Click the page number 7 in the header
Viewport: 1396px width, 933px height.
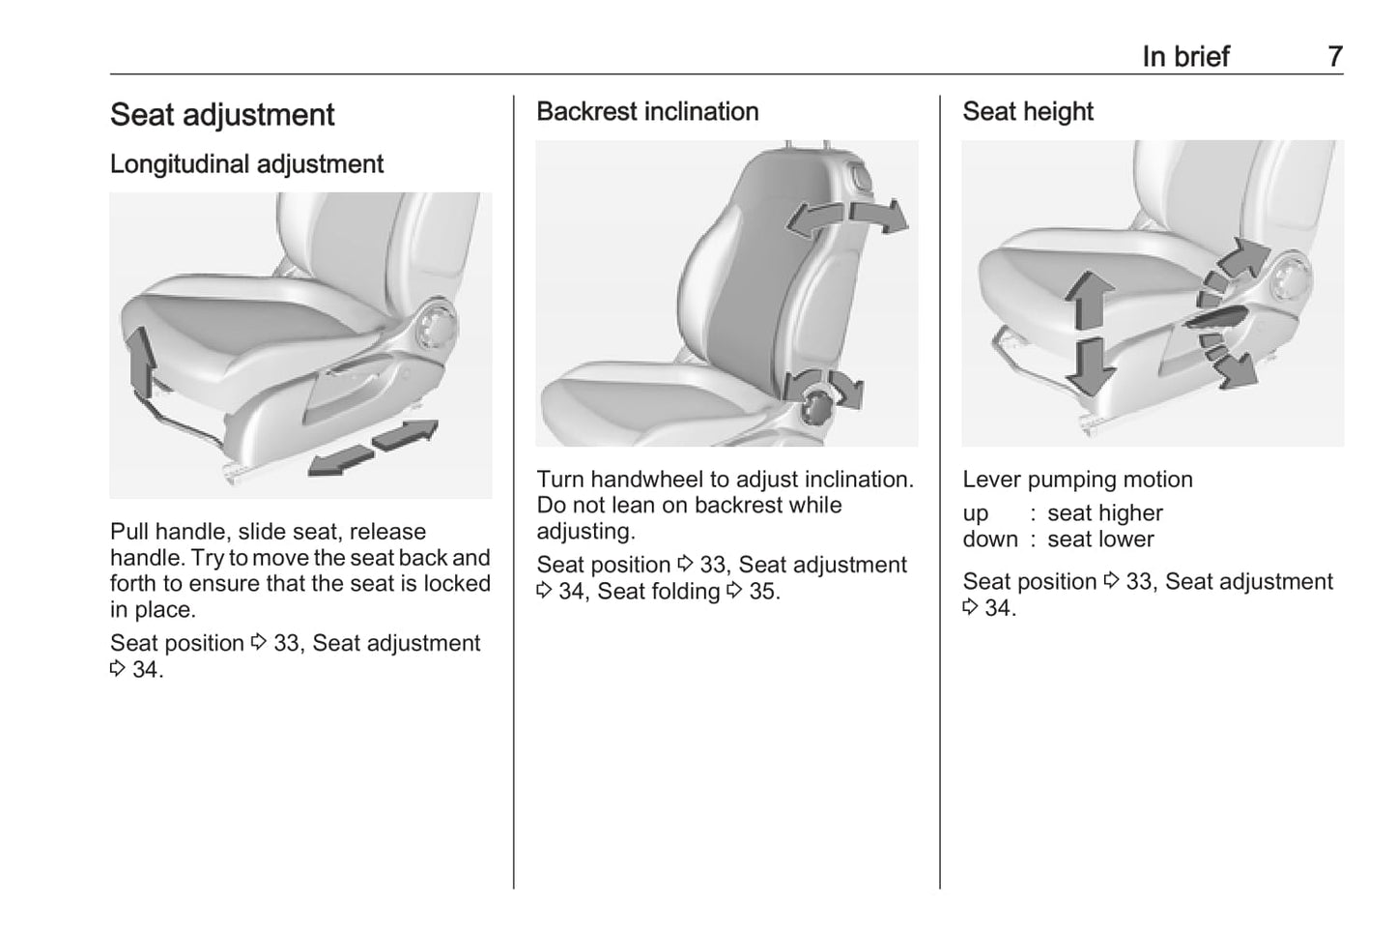click(x=1334, y=57)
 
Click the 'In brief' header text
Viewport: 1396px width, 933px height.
click(x=1185, y=57)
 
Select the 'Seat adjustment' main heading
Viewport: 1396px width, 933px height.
click(x=222, y=115)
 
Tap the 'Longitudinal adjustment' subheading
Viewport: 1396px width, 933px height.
click(x=246, y=164)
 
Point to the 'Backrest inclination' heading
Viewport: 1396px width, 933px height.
click(x=647, y=112)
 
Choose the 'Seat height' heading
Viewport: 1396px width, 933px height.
click(x=1027, y=112)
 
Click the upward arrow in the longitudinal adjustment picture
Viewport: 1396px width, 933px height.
click(x=142, y=361)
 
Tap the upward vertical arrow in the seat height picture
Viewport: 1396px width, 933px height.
click(x=1089, y=301)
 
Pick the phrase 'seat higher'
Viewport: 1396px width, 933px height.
click(x=1104, y=513)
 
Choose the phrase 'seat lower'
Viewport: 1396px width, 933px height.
click(x=1100, y=539)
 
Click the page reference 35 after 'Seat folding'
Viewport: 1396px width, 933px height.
click(x=762, y=592)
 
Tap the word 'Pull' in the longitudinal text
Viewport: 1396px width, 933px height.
click(x=129, y=532)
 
